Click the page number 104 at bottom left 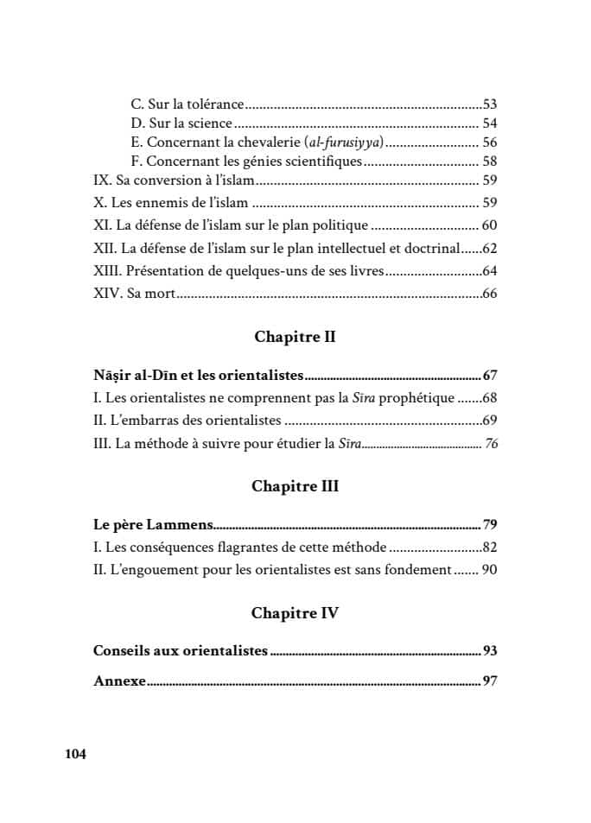pyautogui.click(x=75, y=754)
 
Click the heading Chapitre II pyautogui.click(x=295, y=338)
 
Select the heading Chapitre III pyautogui.click(x=295, y=486)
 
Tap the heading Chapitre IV pyautogui.click(x=295, y=613)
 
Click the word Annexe pyautogui.click(x=118, y=681)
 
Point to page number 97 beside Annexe pyautogui.click(x=491, y=681)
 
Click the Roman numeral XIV pyautogui.click(x=107, y=294)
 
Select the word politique pyautogui.click(x=340, y=225)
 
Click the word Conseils pyautogui.click(x=123, y=650)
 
